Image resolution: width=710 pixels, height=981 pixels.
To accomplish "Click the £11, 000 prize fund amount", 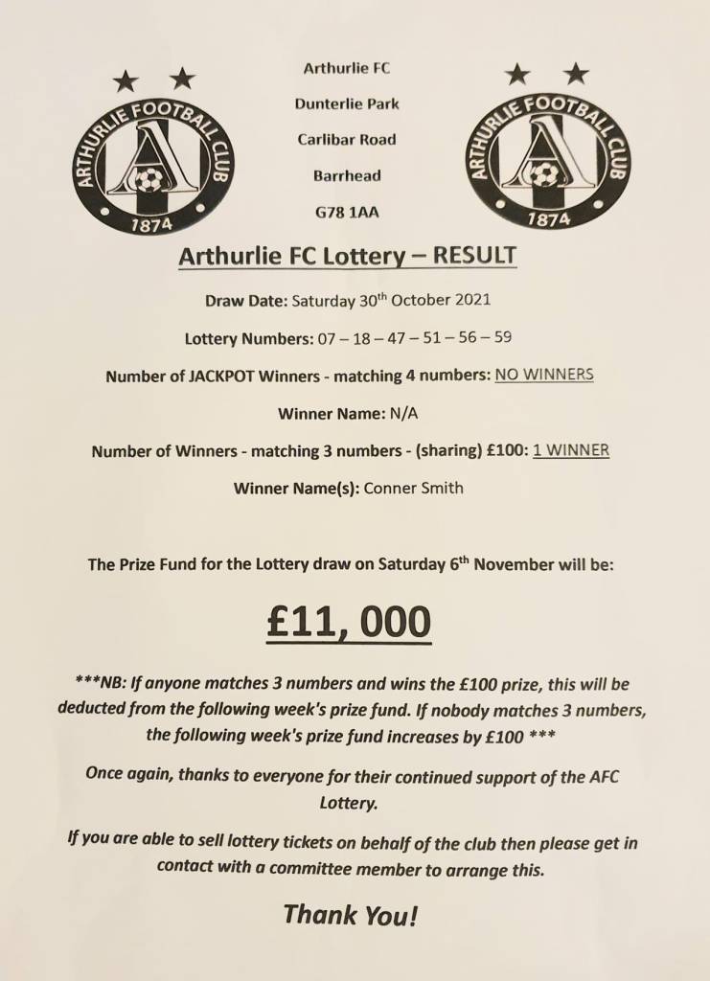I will (x=349, y=623).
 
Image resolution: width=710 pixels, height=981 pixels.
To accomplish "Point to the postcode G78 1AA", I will (x=347, y=212).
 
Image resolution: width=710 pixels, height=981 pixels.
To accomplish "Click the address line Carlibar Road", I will (x=347, y=140).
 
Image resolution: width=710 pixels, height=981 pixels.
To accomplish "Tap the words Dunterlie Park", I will (x=347, y=103).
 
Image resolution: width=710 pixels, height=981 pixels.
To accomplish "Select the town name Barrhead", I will (x=347, y=176).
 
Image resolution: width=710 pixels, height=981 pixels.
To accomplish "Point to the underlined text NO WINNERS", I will (x=543, y=375).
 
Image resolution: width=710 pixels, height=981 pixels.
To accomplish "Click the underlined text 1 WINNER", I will (x=571, y=450).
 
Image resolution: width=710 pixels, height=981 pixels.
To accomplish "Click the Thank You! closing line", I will (x=351, y=915).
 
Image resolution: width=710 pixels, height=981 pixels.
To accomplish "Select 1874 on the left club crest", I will (x=151, y=224).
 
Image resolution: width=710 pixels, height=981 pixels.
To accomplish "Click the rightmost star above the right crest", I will (x=575, y=72).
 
